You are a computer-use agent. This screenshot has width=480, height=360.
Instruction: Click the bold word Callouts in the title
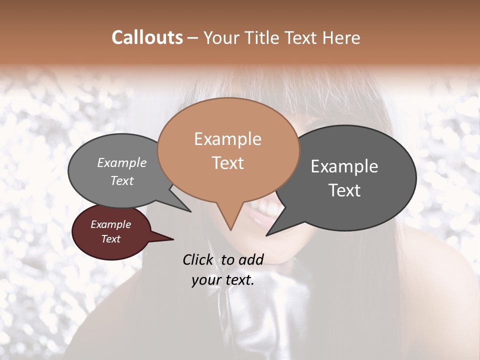147,37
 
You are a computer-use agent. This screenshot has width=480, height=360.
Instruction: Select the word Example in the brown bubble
227,139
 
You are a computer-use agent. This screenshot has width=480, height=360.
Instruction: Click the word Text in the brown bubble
227,163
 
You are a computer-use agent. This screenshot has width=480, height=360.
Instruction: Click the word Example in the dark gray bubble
344,166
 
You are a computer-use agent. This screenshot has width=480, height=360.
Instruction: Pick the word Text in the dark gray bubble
344,190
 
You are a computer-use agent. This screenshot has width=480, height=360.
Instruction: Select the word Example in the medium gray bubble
121,163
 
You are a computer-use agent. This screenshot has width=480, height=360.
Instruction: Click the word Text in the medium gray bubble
121,180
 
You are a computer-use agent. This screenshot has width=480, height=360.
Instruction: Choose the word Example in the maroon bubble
110,224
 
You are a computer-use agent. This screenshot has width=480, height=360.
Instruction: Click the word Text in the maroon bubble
110,239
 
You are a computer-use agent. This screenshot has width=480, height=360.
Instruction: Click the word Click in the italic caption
199,259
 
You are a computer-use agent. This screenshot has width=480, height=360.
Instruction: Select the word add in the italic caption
251,259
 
